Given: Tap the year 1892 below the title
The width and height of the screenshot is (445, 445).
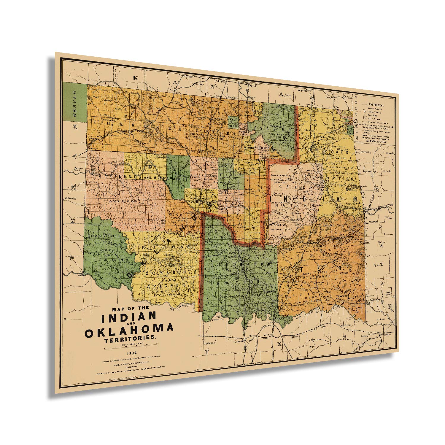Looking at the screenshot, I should click(x=131, y=353).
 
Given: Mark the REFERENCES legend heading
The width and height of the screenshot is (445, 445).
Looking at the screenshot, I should click(x=376, y=105).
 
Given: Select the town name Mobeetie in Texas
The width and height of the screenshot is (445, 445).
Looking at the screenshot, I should click(x=70, y=198).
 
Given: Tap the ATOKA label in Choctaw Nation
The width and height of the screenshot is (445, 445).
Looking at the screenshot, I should click(x=287, y=268).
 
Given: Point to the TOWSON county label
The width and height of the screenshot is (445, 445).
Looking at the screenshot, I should click(x=341, y=296).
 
